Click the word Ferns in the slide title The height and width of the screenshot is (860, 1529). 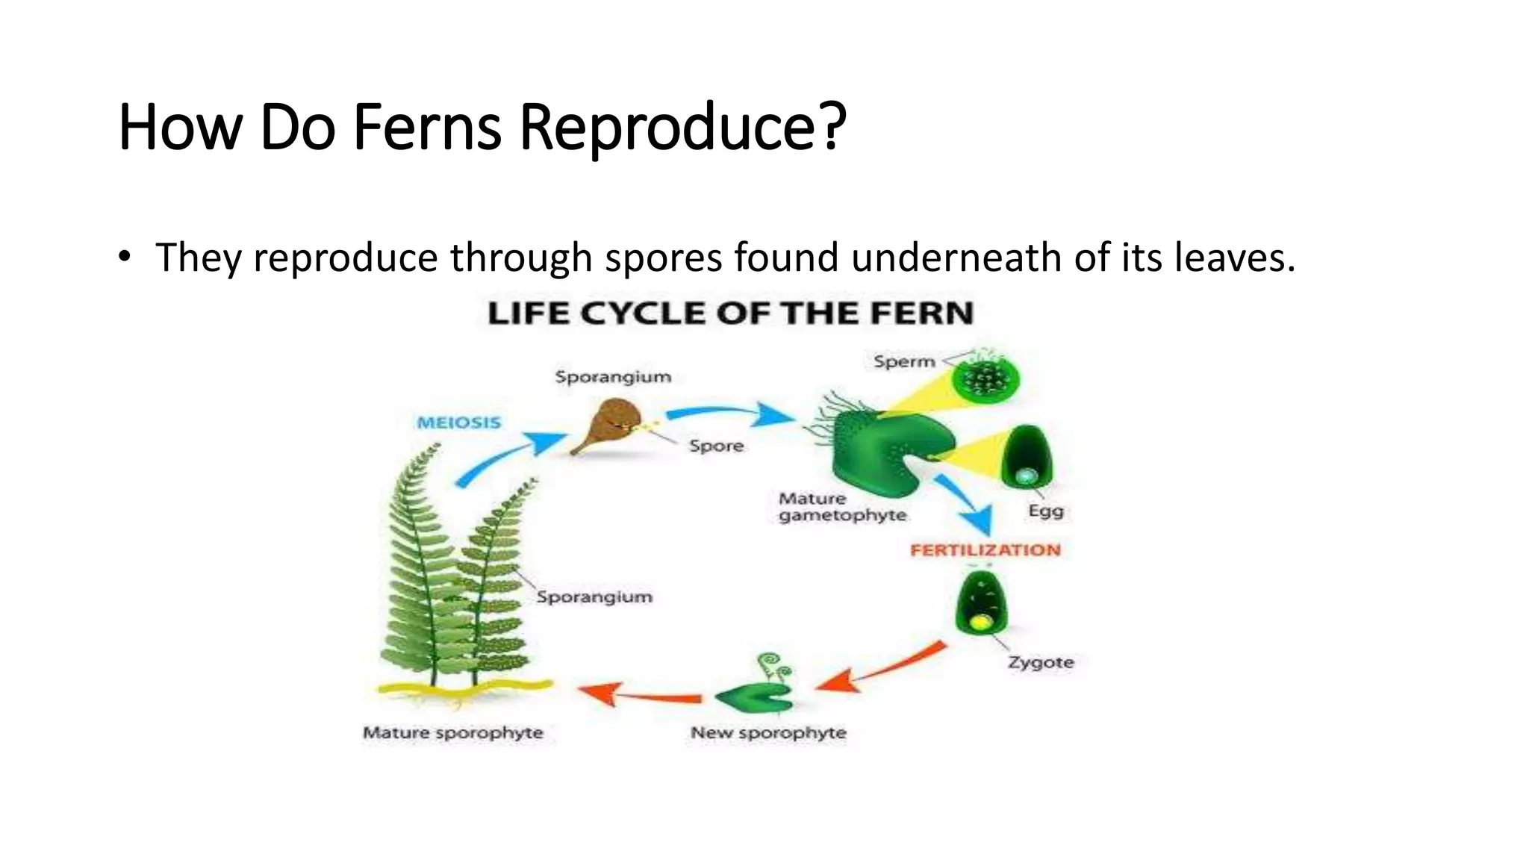426,127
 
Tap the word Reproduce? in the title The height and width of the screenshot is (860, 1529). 682,127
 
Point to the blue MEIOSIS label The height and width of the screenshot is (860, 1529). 458,423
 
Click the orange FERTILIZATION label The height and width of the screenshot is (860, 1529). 985,550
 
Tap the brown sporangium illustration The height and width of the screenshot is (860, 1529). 608,427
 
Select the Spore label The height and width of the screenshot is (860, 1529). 716,446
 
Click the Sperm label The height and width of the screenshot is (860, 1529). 904,362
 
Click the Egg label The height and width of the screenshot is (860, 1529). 1045,511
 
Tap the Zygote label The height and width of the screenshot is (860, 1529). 1041,662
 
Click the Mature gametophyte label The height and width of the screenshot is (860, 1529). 841,507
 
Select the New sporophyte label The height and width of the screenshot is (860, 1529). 768,733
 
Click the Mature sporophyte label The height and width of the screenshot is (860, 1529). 452,733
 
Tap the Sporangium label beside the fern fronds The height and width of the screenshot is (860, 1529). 594,597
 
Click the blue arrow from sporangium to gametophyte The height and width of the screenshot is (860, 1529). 729,413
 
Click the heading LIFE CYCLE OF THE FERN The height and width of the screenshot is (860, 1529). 730,313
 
